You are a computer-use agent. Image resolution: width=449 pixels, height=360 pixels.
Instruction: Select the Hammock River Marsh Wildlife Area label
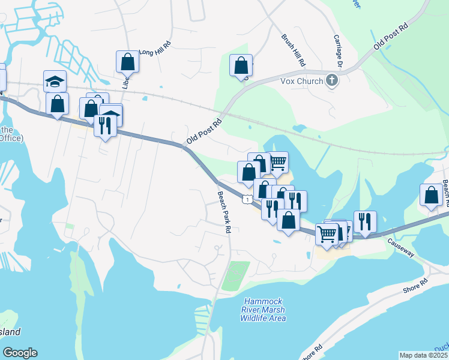pos(263,310)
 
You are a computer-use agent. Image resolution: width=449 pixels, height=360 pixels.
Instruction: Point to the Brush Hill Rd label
pos(294,50)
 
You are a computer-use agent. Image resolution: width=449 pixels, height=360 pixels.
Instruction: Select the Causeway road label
pos(401,246)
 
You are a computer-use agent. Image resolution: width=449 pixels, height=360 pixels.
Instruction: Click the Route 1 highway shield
pos(247,199)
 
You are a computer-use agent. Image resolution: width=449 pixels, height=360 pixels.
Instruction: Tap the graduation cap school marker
pos(55,80)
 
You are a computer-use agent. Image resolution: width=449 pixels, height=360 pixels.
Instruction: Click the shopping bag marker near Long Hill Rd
pos(127,61)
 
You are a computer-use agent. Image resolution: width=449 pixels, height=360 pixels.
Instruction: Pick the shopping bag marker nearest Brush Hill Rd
pos(241,65)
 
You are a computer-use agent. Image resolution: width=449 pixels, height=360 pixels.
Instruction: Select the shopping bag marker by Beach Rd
pos(432,194)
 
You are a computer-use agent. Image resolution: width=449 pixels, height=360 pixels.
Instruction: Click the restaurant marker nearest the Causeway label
pos(365,221)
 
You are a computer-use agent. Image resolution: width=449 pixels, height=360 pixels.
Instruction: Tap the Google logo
pos(20,353)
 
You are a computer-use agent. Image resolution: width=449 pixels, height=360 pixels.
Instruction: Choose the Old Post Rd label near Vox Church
pos(390,37)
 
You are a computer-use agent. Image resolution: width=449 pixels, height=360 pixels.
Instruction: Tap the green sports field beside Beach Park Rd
pos(236,276)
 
